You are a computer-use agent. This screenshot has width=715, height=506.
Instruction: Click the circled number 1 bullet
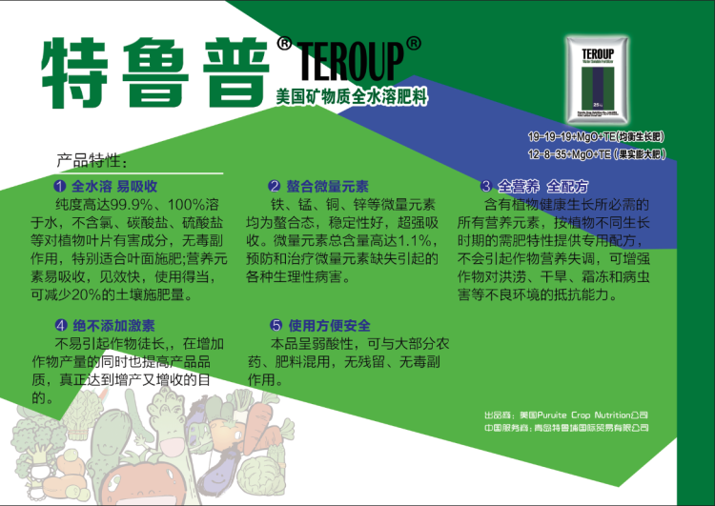(x=60, y=186)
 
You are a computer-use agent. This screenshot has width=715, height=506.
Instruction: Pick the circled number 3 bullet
(x=486, y=186)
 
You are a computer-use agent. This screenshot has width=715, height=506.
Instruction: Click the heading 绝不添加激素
(x=105, y=326)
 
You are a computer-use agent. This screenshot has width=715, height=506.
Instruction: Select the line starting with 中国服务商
(x=566, y=428)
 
